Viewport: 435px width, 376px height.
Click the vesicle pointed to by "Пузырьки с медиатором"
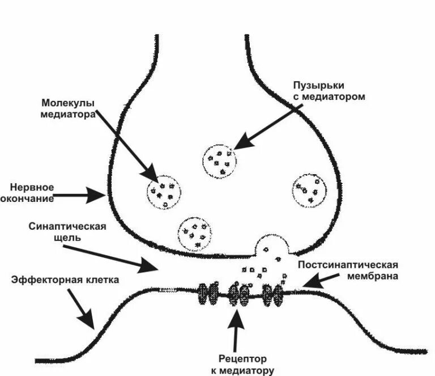coord(220,160)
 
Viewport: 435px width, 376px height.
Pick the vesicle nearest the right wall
coord(309,191)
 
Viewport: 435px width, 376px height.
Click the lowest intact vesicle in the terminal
coord(195,233)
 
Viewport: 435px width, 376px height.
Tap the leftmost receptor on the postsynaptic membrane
coord(207,294)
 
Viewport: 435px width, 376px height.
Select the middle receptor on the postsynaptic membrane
coord(239,294)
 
